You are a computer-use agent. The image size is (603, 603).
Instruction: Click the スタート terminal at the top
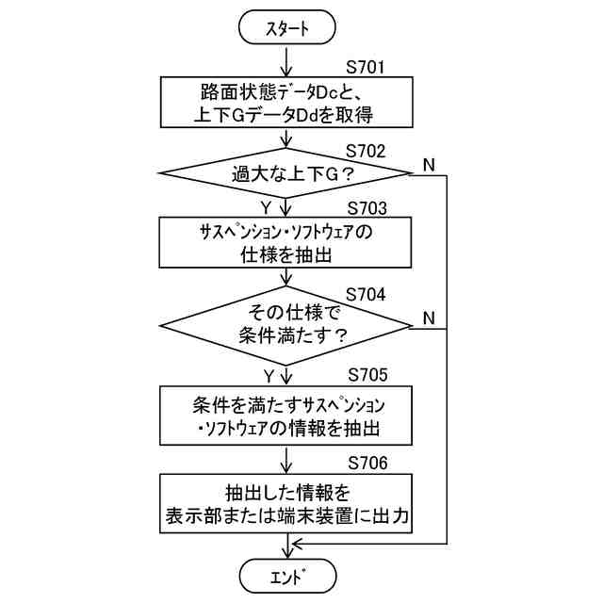[x=287, y=30]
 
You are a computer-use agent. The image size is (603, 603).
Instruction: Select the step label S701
[x=367, y=69]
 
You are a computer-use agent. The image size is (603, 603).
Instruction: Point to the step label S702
[x=367, y=150]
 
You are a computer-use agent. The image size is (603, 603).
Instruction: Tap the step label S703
[x=367, y=207]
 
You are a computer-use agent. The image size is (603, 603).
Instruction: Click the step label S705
[x=367, y=374]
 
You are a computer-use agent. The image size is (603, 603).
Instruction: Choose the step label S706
[x=367, y=462]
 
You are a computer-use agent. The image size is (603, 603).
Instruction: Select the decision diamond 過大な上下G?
[x=287, y=173]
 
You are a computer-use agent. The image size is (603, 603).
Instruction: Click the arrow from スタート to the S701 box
[x=287, y=61]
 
